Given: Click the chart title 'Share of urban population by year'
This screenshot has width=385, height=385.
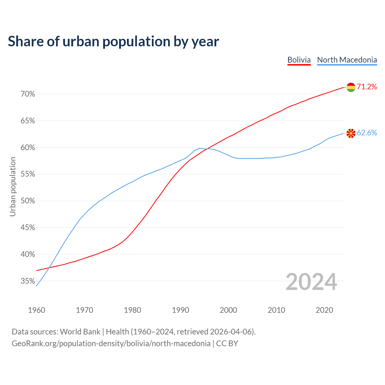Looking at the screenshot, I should pos(113,42).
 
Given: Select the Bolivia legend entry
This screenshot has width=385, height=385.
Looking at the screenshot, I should pos(299,60).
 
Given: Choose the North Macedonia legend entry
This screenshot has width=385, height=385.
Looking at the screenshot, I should pos(347,60).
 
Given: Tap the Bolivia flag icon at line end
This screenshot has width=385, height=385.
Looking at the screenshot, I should pos(351,87).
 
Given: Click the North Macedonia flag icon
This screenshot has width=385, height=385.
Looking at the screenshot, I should pos(351,133).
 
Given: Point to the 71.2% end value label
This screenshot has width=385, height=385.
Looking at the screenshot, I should pos(367,87).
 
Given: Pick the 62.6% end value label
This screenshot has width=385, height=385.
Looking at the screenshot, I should pos(367,133).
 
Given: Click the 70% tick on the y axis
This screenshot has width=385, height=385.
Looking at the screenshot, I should pos(28,94).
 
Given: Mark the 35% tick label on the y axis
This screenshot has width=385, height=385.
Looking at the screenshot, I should pos(28,281).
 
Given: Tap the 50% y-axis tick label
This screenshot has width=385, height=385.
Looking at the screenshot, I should pos(28,201).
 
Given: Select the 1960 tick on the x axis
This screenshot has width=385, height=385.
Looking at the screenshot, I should pos(37,310).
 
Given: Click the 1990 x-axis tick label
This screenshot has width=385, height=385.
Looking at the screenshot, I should pos(180,310).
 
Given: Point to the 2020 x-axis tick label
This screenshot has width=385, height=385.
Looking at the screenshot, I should pos(324,310).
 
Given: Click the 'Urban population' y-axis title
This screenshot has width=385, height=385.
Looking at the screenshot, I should pos(13,186).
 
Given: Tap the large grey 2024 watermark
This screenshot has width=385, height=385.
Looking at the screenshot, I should pos(311,282).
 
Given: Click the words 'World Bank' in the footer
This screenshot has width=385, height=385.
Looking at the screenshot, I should pos(80,332).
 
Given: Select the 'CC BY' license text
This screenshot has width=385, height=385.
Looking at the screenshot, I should pos(227,343).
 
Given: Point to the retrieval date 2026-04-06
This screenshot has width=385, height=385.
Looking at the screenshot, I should pos(230,332).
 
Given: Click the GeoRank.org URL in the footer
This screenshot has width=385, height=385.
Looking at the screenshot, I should pos(111,343).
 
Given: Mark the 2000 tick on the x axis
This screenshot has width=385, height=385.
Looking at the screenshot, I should pos(229,310).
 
